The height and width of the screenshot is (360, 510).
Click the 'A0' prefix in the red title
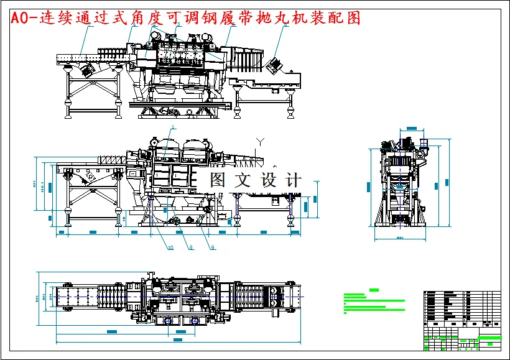(21, 18)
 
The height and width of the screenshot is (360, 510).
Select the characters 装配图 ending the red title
(340, 18)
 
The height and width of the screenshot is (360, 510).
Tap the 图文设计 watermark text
(255, 180)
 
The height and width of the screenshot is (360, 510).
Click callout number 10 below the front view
(170, 247)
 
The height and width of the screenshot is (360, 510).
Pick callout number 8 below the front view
(191, 247)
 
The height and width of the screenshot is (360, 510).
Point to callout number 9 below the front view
(213, 247)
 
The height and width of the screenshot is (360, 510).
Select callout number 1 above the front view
(173, 127)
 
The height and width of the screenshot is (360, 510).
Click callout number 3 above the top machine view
(178, 24)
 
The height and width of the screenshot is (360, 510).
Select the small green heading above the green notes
(374, 290)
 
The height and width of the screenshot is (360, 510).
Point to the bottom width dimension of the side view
(399, 238)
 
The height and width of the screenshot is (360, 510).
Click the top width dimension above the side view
(411, 128)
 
